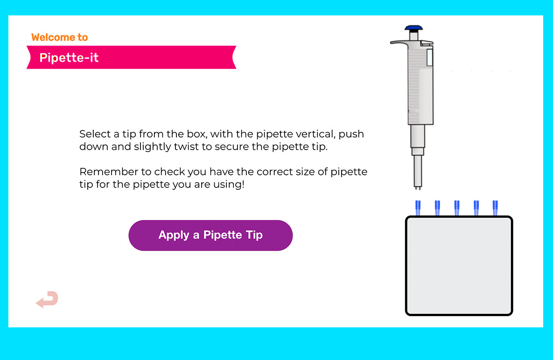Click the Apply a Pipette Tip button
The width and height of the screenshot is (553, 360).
pos(210,235)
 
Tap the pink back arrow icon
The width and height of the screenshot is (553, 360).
pos(47,299)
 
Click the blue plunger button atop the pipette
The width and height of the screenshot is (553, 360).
pos(413,28)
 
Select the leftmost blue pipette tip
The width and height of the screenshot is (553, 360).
pos(418,208)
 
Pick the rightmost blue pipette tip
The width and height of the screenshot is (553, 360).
pos(495,208)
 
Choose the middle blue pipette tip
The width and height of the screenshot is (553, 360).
pos(457,208)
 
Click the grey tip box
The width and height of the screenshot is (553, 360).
pos(459,266)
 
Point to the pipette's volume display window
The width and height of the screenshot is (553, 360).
pos(429,57)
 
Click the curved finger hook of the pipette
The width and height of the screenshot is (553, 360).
pos(399,42)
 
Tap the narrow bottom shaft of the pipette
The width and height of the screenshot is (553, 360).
pos(418,172)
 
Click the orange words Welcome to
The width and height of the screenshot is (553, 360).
pos(60,37)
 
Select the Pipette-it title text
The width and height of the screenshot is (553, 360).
pos(69,57)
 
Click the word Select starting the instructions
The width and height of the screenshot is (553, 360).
pos(95,134)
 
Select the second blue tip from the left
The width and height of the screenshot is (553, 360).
pos(437,208)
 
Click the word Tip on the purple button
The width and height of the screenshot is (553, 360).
pos(254,235)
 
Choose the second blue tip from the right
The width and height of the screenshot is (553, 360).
pos(476,208)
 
